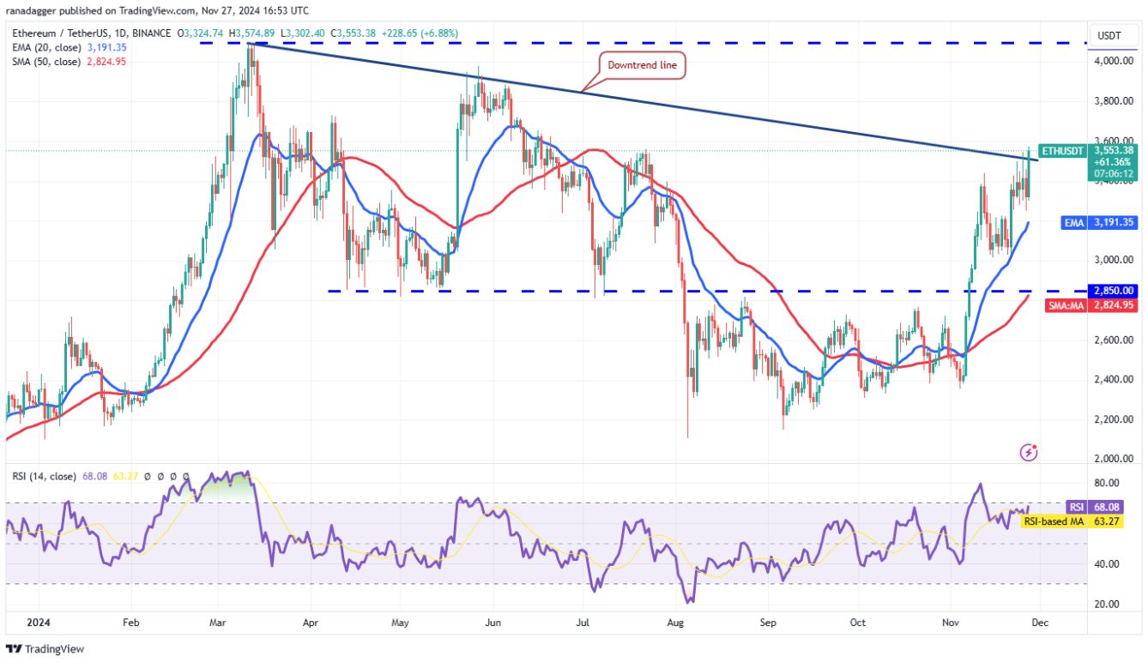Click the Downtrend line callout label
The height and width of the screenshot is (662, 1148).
(x=642, y=65)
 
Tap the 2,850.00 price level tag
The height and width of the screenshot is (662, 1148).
(x=1113, y=291)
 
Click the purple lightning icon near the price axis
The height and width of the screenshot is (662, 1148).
(x=1030, y=451)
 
